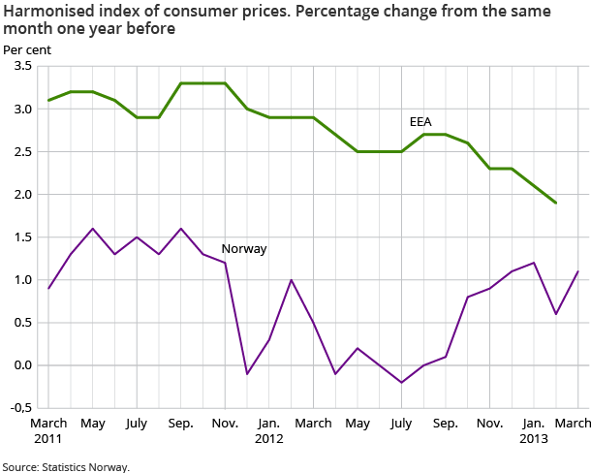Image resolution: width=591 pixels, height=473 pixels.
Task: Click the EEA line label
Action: click(421, 122)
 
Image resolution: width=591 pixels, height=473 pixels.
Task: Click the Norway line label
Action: click(244, 248)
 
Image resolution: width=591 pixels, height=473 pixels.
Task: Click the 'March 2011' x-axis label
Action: click(48, 430)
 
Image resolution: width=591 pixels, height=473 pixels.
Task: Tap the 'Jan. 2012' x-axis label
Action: click(269, 430)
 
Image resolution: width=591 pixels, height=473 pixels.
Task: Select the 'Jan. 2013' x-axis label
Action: click(534, 430)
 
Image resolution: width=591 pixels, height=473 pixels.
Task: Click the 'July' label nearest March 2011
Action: click(137, 424)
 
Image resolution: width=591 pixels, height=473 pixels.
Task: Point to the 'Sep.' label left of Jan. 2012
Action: click(181, 424)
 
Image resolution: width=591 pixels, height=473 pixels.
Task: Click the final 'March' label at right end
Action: click(573, 424)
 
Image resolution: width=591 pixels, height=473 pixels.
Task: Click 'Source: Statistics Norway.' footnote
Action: click(65, 466)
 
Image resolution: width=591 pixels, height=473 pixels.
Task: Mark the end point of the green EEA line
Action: click(556, 203)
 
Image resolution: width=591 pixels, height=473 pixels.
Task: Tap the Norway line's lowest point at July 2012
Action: click(402, 383)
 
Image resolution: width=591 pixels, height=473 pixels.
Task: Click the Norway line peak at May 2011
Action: click(93, 229)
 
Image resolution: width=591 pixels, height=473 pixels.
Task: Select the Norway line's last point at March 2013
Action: click(578, 271)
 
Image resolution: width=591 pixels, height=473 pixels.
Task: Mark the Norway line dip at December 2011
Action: click(247, 374)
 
